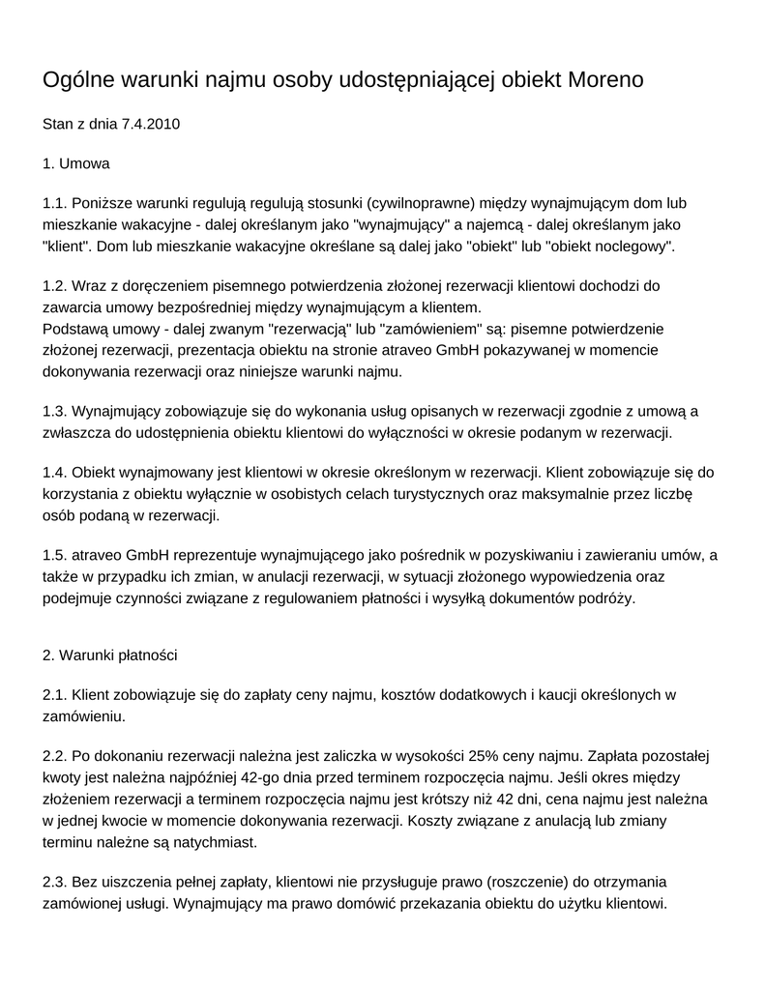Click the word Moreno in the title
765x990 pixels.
(605, 79)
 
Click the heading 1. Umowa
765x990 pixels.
(76, 163)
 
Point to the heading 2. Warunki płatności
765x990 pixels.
(110, 655)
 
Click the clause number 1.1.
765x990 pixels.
(55, 203)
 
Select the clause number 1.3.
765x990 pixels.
(55, 411)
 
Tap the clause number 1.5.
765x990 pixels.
(55, 555)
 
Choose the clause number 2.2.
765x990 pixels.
(55, 756)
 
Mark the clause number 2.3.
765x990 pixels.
(55, 883)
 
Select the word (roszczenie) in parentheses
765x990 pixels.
(531, 883)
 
